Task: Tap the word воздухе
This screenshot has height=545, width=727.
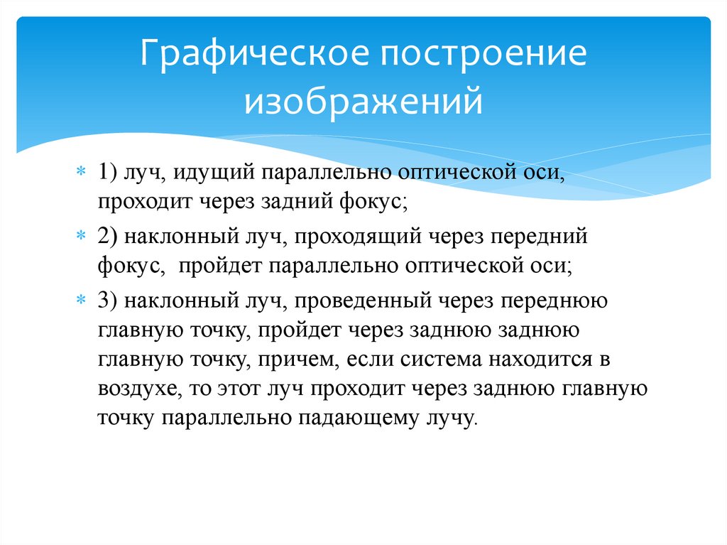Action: (x=139, y=389)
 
